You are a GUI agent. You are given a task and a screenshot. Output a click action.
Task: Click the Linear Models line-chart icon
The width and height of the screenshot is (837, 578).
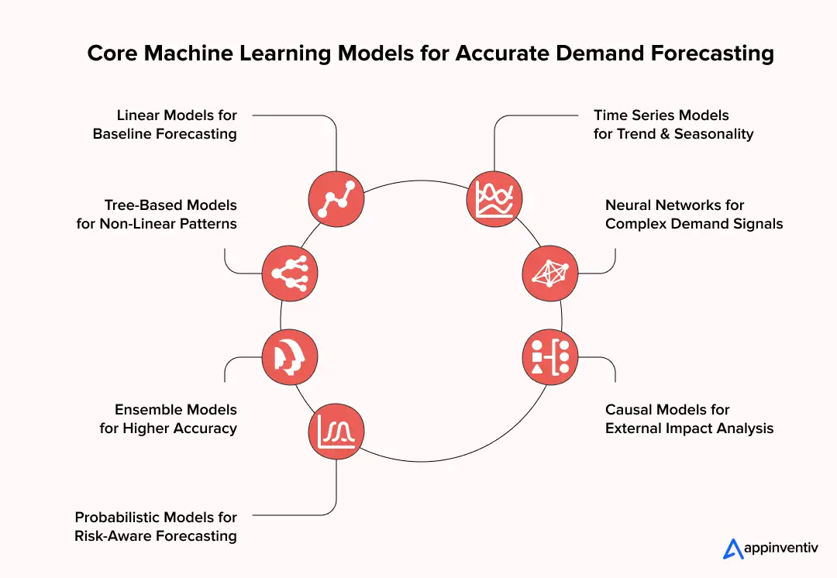(x=336, y=198)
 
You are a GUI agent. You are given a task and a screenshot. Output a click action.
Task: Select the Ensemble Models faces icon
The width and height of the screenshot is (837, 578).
(x=289, y=356)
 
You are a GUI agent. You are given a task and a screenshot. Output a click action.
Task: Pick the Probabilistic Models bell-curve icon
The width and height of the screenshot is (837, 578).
(x=336, y=432)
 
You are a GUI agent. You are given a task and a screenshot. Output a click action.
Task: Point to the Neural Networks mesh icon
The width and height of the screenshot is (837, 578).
(x=549, y=273)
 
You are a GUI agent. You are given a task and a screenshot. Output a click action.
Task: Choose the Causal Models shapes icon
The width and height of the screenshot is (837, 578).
(x=549, y=356)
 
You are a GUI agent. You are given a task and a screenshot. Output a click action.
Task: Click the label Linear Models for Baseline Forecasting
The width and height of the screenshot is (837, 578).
(x=164, y=125)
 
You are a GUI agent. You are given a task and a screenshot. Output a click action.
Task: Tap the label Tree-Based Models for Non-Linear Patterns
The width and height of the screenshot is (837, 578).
(x=157, y=215)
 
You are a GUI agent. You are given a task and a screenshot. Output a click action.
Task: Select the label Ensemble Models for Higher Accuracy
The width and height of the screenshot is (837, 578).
(x=168, y=418)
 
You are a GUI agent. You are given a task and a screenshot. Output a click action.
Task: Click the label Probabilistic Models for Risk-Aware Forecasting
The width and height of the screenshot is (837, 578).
(x=156, y=526)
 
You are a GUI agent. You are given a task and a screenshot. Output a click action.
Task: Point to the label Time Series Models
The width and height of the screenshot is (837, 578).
(x=661, y=115)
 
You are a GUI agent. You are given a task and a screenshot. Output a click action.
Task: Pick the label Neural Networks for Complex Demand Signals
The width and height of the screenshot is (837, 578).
(x=694, y=215)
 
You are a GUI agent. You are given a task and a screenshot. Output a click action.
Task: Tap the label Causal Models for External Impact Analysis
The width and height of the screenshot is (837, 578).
(x=689, y=418)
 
